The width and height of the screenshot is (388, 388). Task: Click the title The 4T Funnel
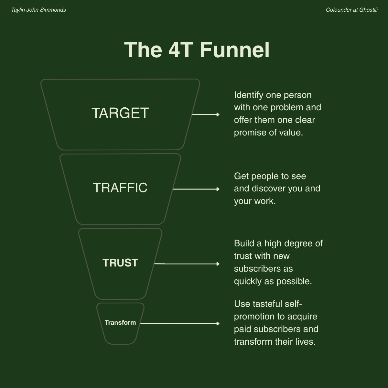click(197, 50)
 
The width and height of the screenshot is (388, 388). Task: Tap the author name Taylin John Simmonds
click(38, 10)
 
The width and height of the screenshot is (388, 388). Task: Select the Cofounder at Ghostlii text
click(351, 10)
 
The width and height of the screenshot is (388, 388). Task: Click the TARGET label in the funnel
click(120, 113)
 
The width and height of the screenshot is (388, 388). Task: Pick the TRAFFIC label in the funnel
click(120, 188)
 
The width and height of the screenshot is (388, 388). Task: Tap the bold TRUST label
click(120, 263)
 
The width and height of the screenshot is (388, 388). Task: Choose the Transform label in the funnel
click(120, 323)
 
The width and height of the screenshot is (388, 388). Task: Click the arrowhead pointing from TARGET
click(218, 114)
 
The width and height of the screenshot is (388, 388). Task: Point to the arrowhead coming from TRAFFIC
click(218, 189)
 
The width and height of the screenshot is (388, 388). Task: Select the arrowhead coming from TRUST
click(218, 264)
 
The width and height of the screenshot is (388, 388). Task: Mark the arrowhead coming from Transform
click(218, 324)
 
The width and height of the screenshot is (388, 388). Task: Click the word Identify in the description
click(248, 95)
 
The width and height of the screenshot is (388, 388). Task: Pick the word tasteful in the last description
click(267, 304)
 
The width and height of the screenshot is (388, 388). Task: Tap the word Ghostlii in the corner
click(368, 10)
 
